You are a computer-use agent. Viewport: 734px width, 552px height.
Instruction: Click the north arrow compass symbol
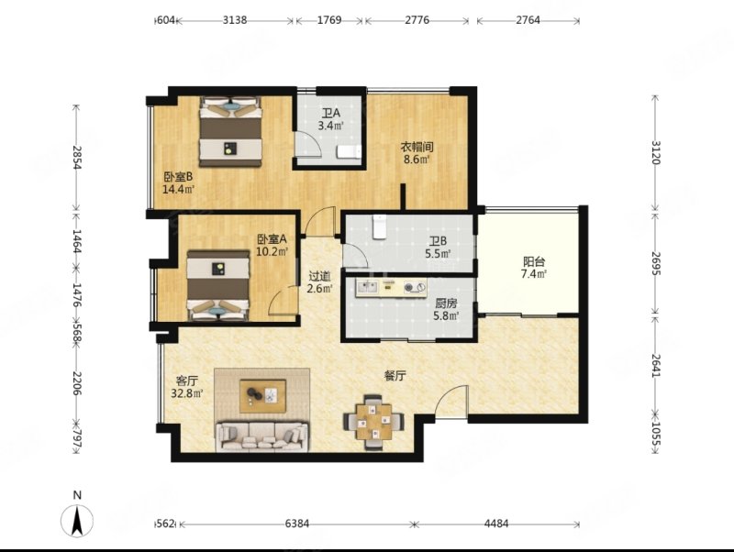pyautogui.click(x=77, y=520)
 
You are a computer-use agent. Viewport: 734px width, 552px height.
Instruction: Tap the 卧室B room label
pyautogui.click(x=178, y=177)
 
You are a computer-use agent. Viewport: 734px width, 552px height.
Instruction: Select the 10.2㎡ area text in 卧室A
pyautogui.click(x=272, y=251)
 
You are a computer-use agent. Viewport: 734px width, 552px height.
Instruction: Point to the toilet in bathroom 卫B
pyautogui.click(x=379, y=226)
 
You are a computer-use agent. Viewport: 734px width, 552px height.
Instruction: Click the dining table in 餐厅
pyautogui.click(x=373, y=422)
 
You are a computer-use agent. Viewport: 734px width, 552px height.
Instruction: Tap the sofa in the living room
pyautogui.click(x=262, y=436)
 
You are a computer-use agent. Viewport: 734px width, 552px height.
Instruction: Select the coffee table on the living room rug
pyautogui.click(x=262, y=396)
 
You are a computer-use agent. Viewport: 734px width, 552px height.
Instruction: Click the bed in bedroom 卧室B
pyautogui.click(x=230, y=131)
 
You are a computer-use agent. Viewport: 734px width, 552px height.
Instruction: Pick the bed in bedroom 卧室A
pyautogui.click(x=218, y=285)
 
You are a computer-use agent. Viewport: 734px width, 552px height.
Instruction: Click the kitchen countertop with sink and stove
pyautogui.click(x=392, y=288)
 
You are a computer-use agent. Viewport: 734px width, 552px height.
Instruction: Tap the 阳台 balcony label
pyautogui.click(x=534, y=261)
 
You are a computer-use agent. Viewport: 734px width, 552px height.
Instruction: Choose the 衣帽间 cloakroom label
pyautogui.click(x=417, y=147)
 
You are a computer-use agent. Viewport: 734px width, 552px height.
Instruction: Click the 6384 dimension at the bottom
pyautogui.click(x=297, y=524)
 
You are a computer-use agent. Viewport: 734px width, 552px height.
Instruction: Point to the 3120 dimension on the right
pyautogui.click(x=655, y=152)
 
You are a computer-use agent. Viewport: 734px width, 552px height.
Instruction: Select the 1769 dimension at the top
pyautogui.click(x=329, y=20)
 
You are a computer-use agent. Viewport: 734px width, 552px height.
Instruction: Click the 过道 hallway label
pyautogui.click(x=319, y=277)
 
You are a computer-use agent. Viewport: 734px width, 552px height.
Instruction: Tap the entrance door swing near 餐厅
pyautogui.click(x=451, y=402)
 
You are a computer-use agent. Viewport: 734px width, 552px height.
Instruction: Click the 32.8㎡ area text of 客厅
pyautogui.click(x=187, y=393)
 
